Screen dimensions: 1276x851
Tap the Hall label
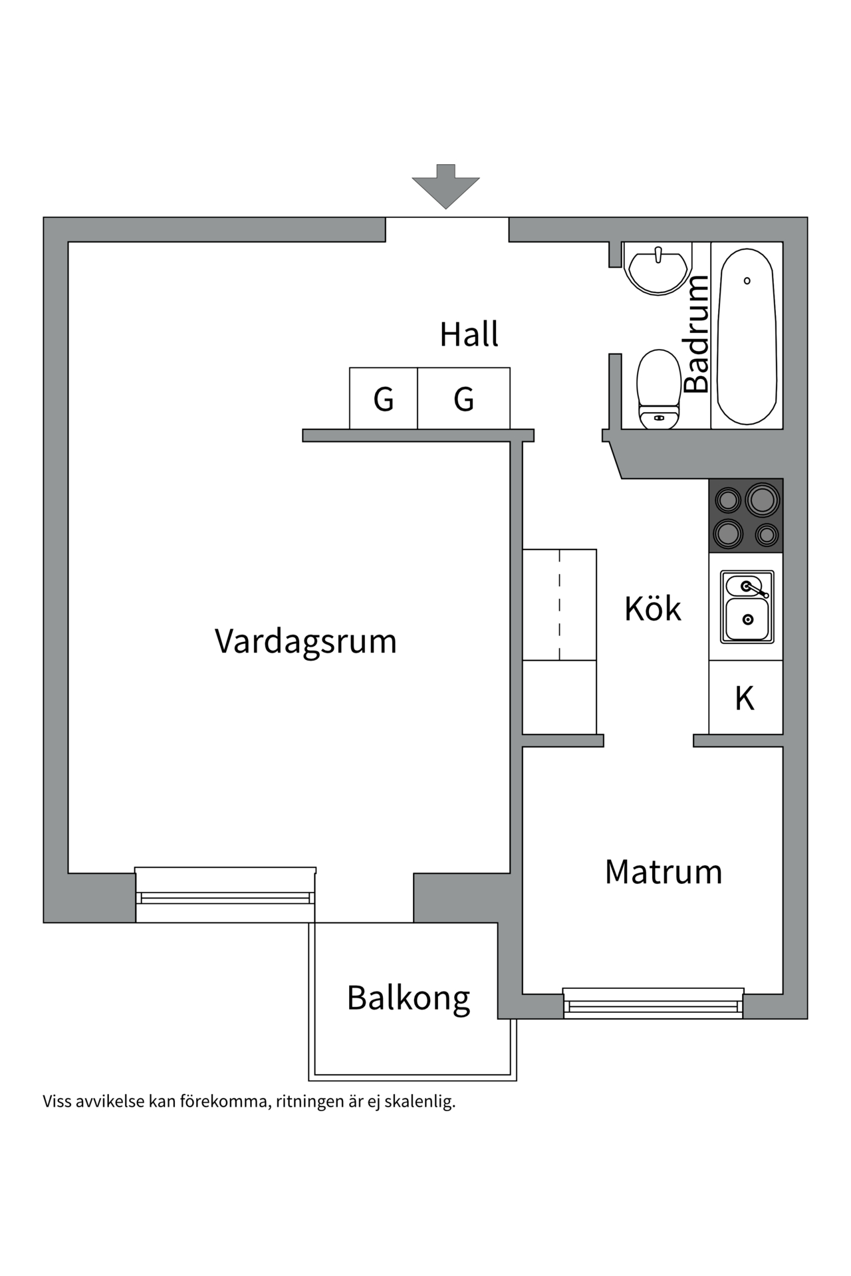(x=469, y=334)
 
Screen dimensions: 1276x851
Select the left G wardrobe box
(x=384, y=399)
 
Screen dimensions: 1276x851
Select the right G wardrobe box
(x=464, y=399)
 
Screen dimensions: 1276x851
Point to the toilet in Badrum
(x=659, y=389)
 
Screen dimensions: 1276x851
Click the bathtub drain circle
(x=747, y=280)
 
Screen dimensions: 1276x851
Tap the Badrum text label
(x=697, y=334)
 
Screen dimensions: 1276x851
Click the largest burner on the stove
(x=762, y=500)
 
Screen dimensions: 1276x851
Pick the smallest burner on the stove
(x=768, y=534)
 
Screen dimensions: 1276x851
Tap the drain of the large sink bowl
(x=748, y=619)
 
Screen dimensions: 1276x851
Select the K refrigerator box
(x=745, y=698)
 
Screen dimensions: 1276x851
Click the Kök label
(x=652, y=609)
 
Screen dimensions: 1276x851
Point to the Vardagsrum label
(x=305, y=641)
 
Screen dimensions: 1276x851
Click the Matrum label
(x=663, y=872)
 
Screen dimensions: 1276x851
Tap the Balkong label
(x=408, y=998)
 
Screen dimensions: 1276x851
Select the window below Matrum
(x=653, y=1004)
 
